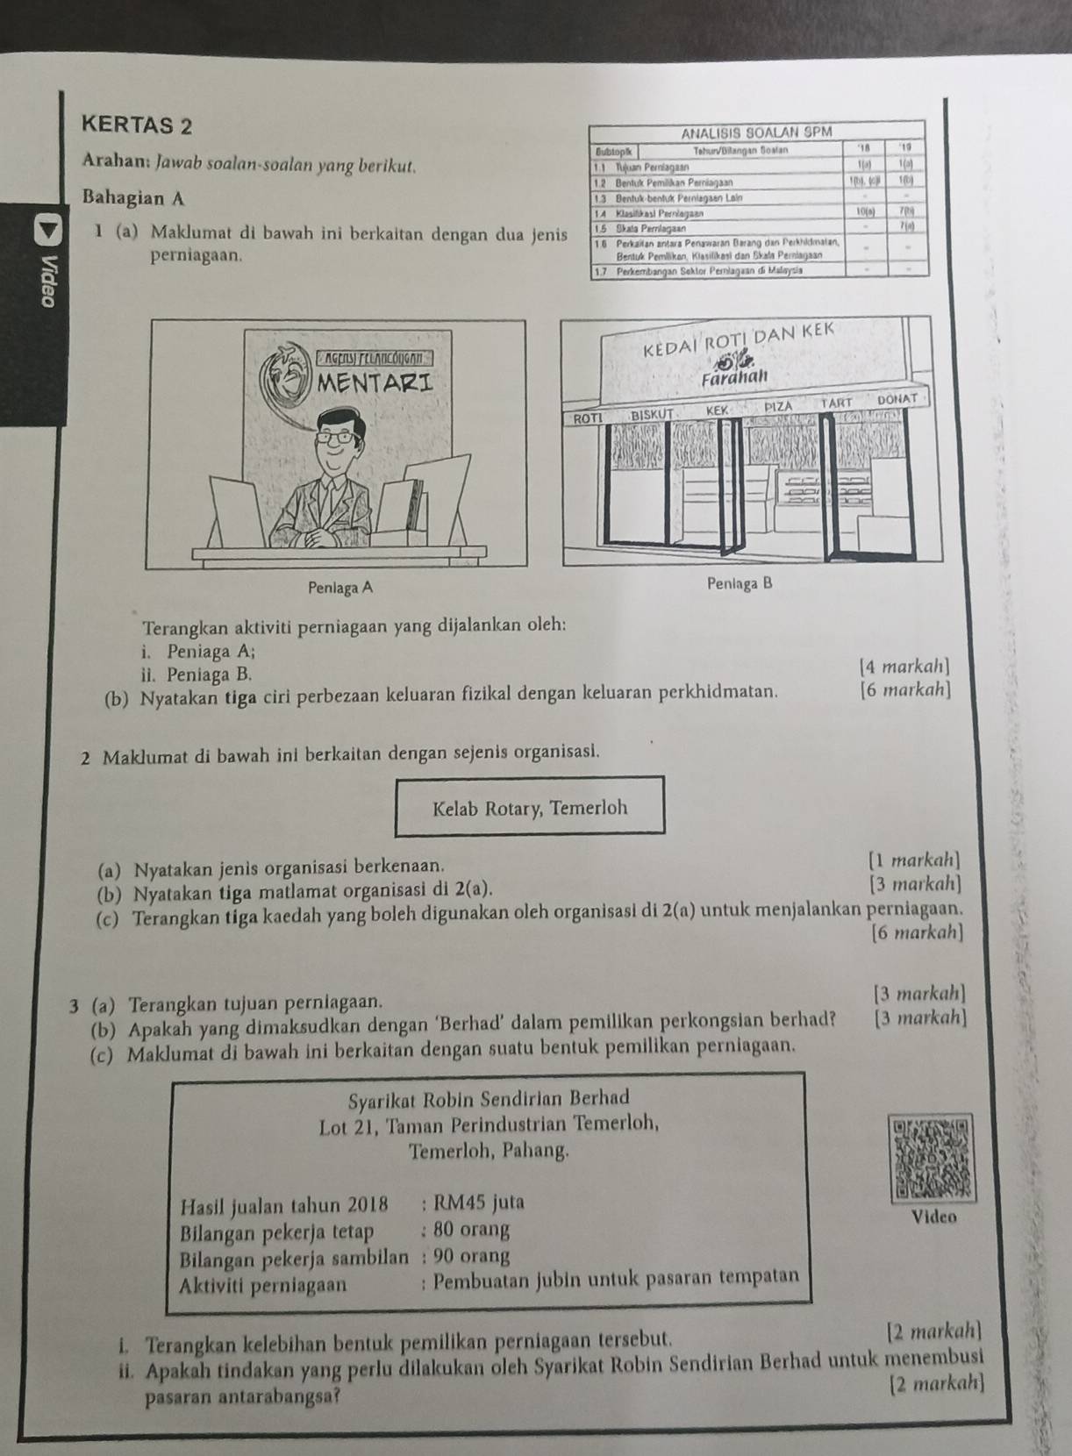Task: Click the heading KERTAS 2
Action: coord(135,125)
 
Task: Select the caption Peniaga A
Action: coord(340,587)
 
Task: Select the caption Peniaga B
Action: coord(740,583)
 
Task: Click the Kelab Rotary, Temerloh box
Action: coord(530,807)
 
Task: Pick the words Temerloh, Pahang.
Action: coord(488,1149)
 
